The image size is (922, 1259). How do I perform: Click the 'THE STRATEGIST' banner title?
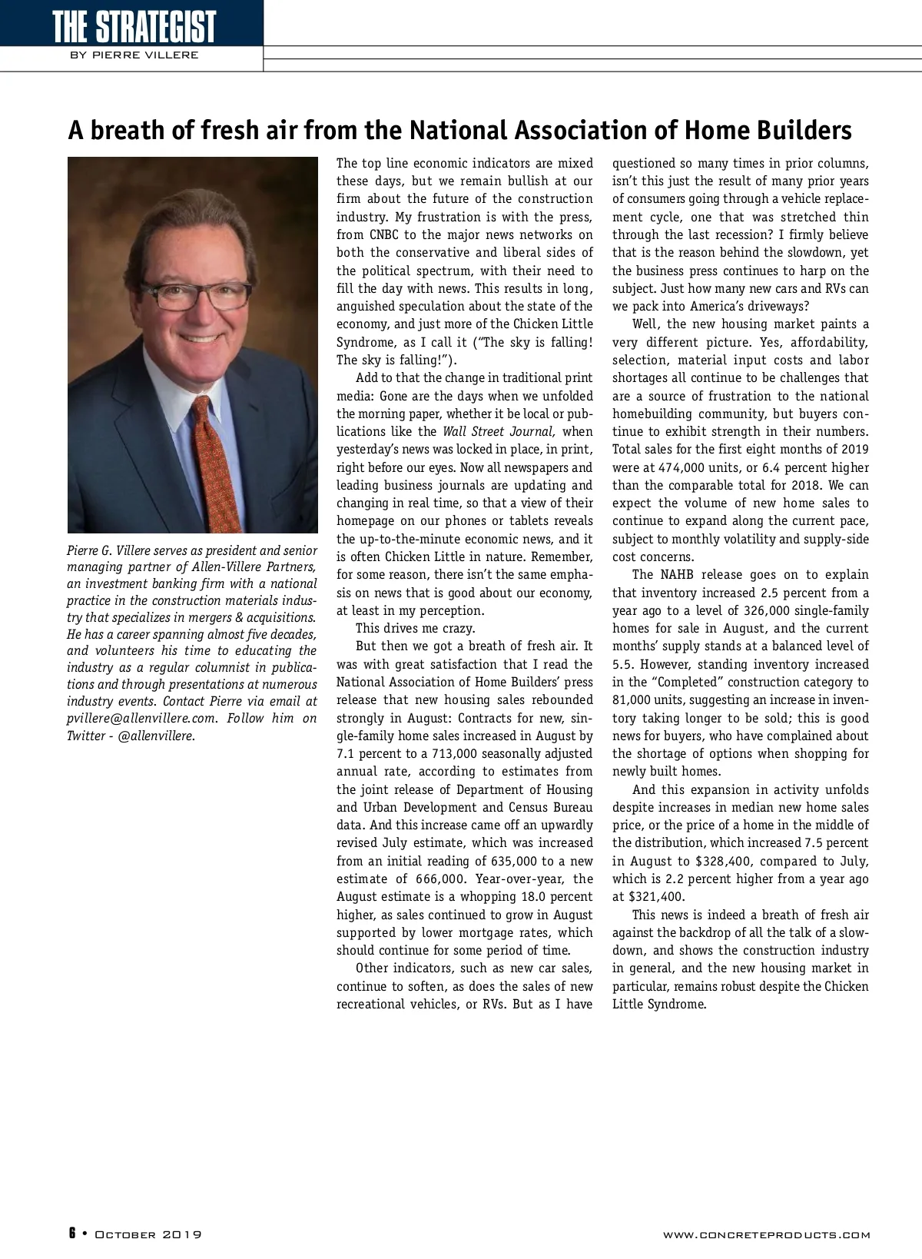point(134,27)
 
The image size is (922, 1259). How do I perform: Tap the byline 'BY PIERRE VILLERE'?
point(134,55)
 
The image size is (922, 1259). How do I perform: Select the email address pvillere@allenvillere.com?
point(142,719)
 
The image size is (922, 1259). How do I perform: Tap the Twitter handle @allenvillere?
point(157,736)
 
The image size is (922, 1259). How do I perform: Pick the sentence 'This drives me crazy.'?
point(415,629)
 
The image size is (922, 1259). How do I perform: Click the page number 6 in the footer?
point(72,1234)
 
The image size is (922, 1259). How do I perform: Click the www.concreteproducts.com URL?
point(766,1235)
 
